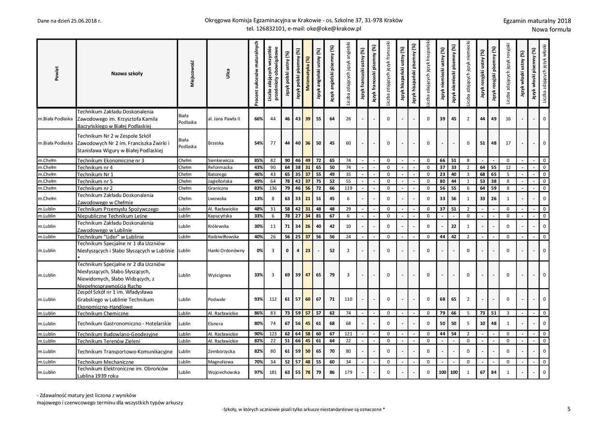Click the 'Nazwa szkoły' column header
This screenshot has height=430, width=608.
pos(126,73)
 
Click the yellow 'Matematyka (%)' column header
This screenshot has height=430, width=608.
pos(308,73)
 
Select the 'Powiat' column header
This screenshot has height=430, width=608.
pos(56,73)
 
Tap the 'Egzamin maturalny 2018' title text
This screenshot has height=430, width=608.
pos(537,21)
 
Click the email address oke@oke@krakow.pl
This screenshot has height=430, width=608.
pos(333,28)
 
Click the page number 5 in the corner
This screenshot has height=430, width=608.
pos(569,409)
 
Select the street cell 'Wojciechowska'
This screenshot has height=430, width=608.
pos(223,373)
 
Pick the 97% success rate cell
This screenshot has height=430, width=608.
pos(259,373)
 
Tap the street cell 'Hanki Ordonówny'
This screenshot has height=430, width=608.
pos(226,250)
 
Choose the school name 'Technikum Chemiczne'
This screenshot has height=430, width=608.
pos(103,313)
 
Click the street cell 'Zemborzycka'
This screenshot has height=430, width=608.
pos(221,351)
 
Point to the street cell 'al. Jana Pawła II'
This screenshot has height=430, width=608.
pos(224,119)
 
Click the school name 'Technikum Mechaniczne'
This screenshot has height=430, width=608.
pos(105,362)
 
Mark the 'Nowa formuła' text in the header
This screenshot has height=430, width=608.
pos(551,29)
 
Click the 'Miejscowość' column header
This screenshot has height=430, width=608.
pos(192,73)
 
